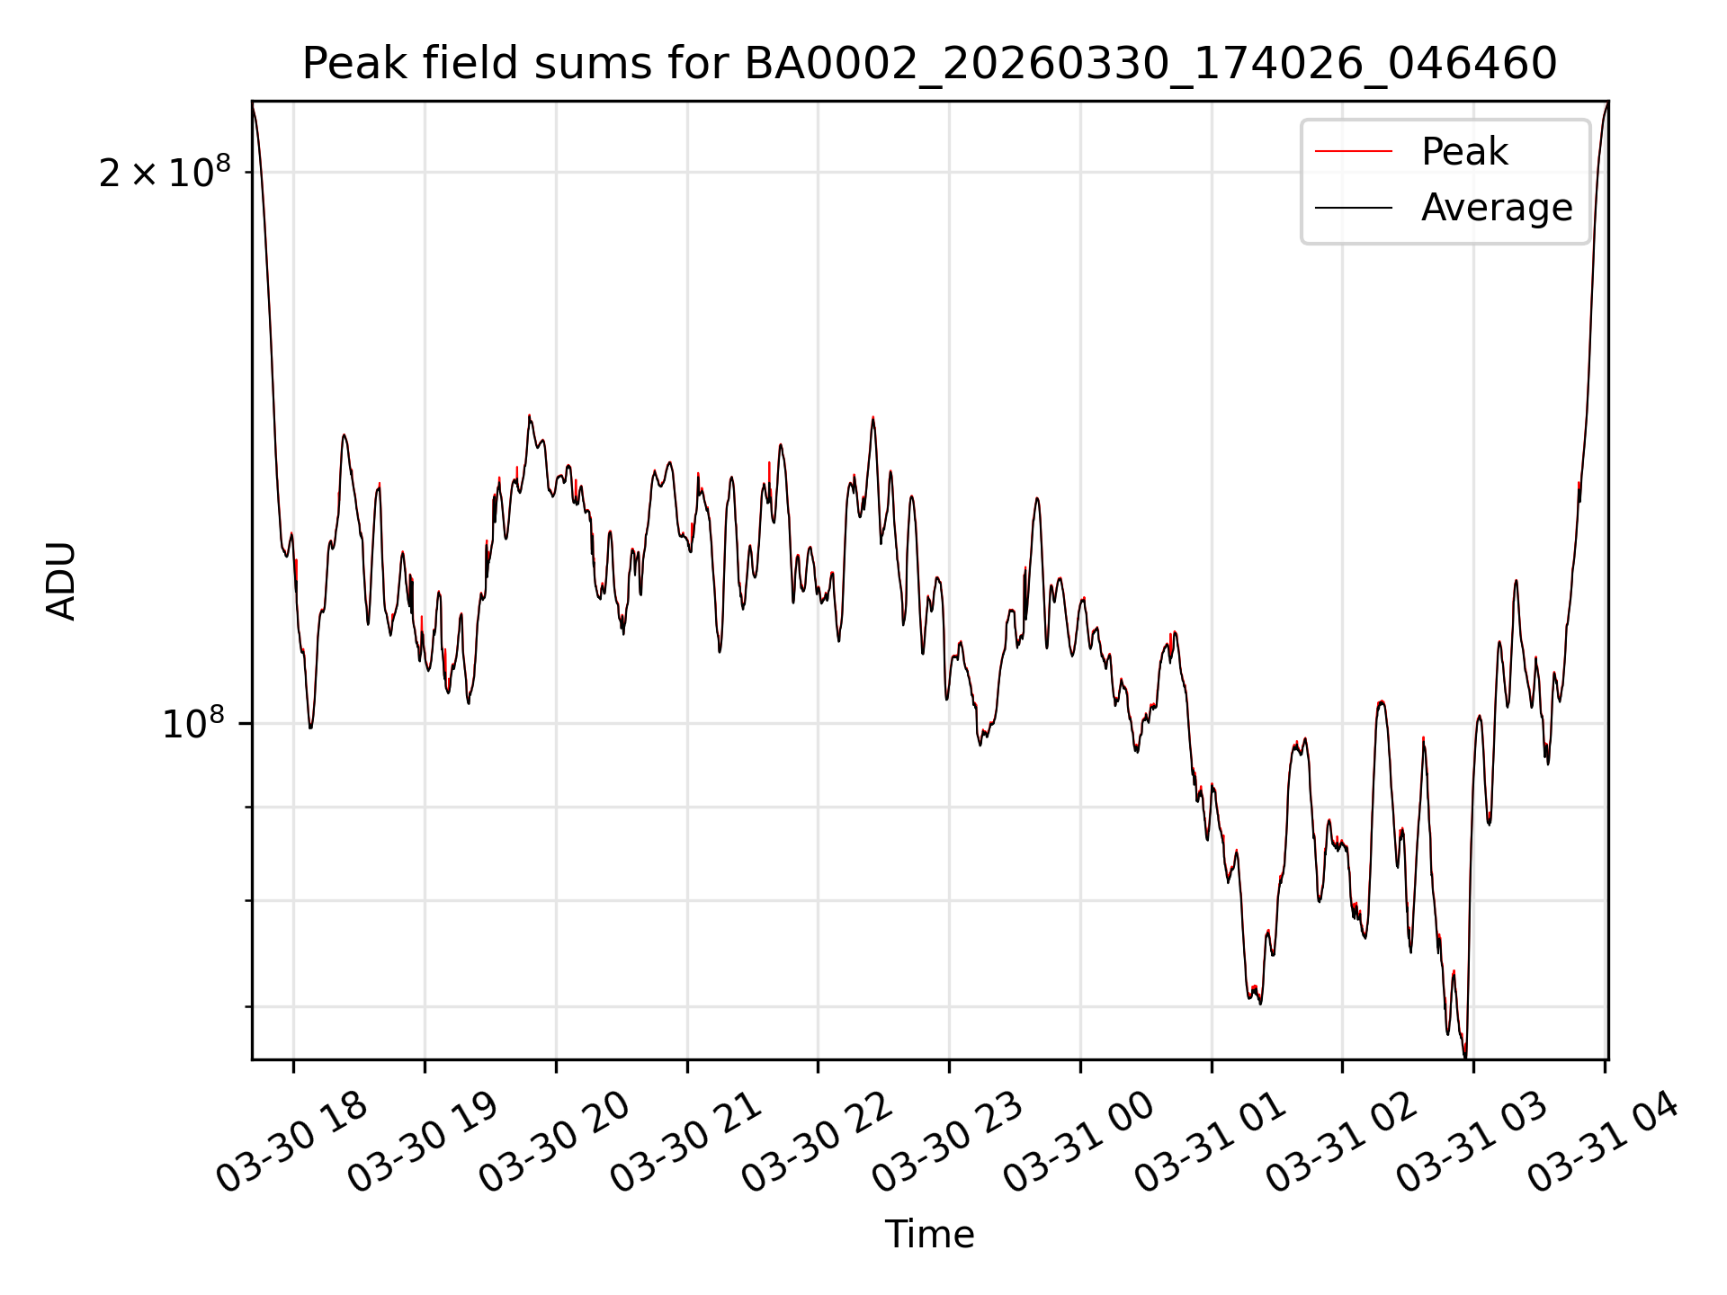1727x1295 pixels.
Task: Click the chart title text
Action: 929,64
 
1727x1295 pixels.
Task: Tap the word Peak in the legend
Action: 1463,152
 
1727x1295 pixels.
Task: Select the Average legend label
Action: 1497,208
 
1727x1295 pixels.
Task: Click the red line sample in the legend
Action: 1354,152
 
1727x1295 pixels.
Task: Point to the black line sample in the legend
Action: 1354,209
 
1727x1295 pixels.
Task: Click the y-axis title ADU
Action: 61,581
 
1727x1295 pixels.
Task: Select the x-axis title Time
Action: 929,1235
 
